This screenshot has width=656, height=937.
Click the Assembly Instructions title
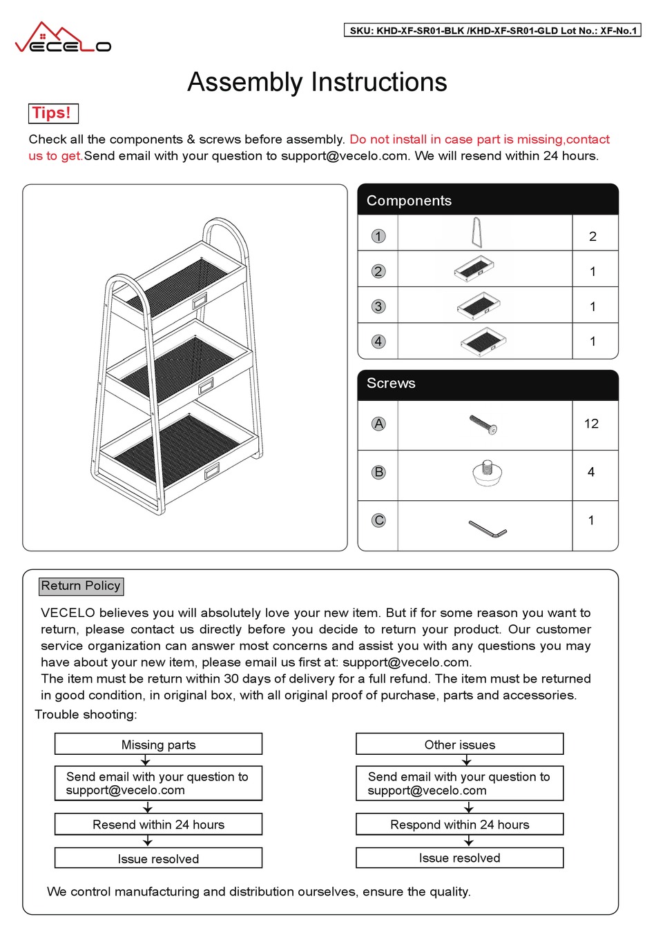(x=317, y=82)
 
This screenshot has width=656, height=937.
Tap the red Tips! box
(x=53, y=113)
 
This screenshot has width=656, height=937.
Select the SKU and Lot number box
(x=492, y=30)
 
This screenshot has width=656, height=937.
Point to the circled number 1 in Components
(x=378, y=236)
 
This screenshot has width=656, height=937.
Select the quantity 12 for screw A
(x=591, y=424)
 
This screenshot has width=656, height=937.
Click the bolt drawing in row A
(x=483, y=424)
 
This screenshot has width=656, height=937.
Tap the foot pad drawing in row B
(x=487, y=473)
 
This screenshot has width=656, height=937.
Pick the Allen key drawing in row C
(x=488, y=529)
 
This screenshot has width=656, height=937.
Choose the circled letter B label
(x=378, y=473)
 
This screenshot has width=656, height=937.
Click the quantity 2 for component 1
(x=592, y=236)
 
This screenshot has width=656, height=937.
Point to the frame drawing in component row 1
(x=476, y=233)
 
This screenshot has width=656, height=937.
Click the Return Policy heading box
(x=81, y=586)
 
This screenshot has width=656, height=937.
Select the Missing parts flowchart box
(x=158, y=744)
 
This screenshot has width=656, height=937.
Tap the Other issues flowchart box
(x=459, y=744)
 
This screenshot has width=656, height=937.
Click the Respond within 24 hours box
(x=459, y=825)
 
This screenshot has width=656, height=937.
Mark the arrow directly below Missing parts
(x=146, y=760)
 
